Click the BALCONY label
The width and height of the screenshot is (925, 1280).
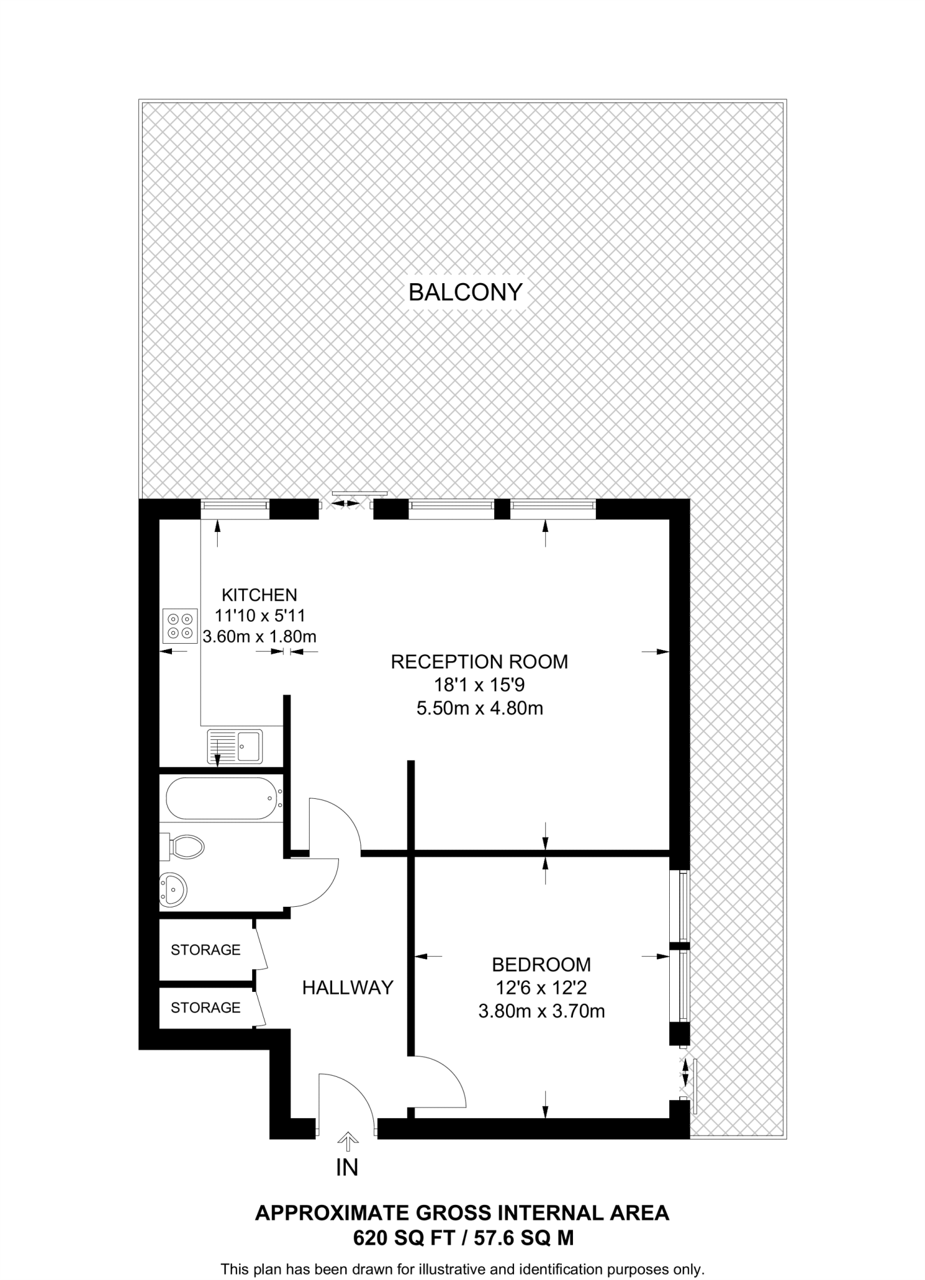coord(465,292)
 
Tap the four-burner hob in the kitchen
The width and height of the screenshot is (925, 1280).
coord(180,626)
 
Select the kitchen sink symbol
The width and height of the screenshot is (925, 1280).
coord(235,746)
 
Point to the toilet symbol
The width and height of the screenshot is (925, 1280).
coord(185,847)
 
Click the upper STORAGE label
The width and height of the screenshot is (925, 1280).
coord(205,950)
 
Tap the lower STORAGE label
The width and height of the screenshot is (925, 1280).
coord(205,1007)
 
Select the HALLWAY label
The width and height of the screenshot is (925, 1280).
coord(348,987)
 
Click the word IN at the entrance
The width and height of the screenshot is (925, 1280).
coord(347,1167)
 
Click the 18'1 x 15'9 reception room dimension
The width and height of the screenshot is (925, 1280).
coord(479,685)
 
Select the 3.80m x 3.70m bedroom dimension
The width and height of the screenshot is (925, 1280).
coord(542,1011)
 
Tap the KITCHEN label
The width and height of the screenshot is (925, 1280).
coord(260,594)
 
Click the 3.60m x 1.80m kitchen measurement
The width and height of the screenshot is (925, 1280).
coord(260,637)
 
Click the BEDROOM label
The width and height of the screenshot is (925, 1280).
coord(541,964)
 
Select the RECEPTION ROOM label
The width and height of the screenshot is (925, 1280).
coord(479,661)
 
